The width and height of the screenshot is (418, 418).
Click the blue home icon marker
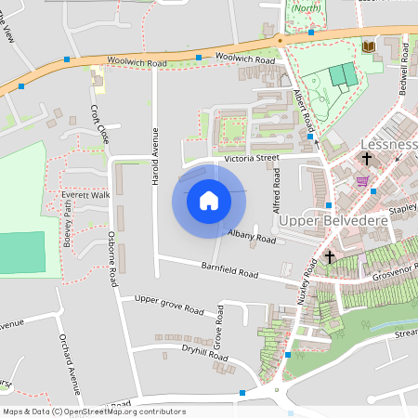tap(209, 200)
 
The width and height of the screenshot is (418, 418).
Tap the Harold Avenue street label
tap(155, 156)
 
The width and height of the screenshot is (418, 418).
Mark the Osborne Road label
tap(111, 258)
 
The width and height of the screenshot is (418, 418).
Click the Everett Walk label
tap(85, 195)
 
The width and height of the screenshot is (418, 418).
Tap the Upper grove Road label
tap(168, 307)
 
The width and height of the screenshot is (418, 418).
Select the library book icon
tap(369, 46)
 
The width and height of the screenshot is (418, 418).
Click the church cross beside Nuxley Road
tap(330, 255)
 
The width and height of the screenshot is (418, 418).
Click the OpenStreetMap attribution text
tap(94, 411)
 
